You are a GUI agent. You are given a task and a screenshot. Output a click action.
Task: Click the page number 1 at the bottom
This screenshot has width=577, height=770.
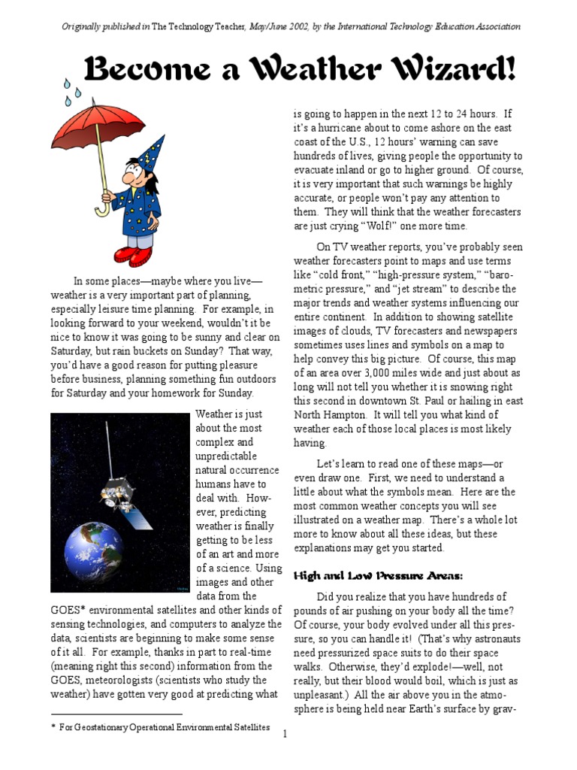point(285,733)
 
